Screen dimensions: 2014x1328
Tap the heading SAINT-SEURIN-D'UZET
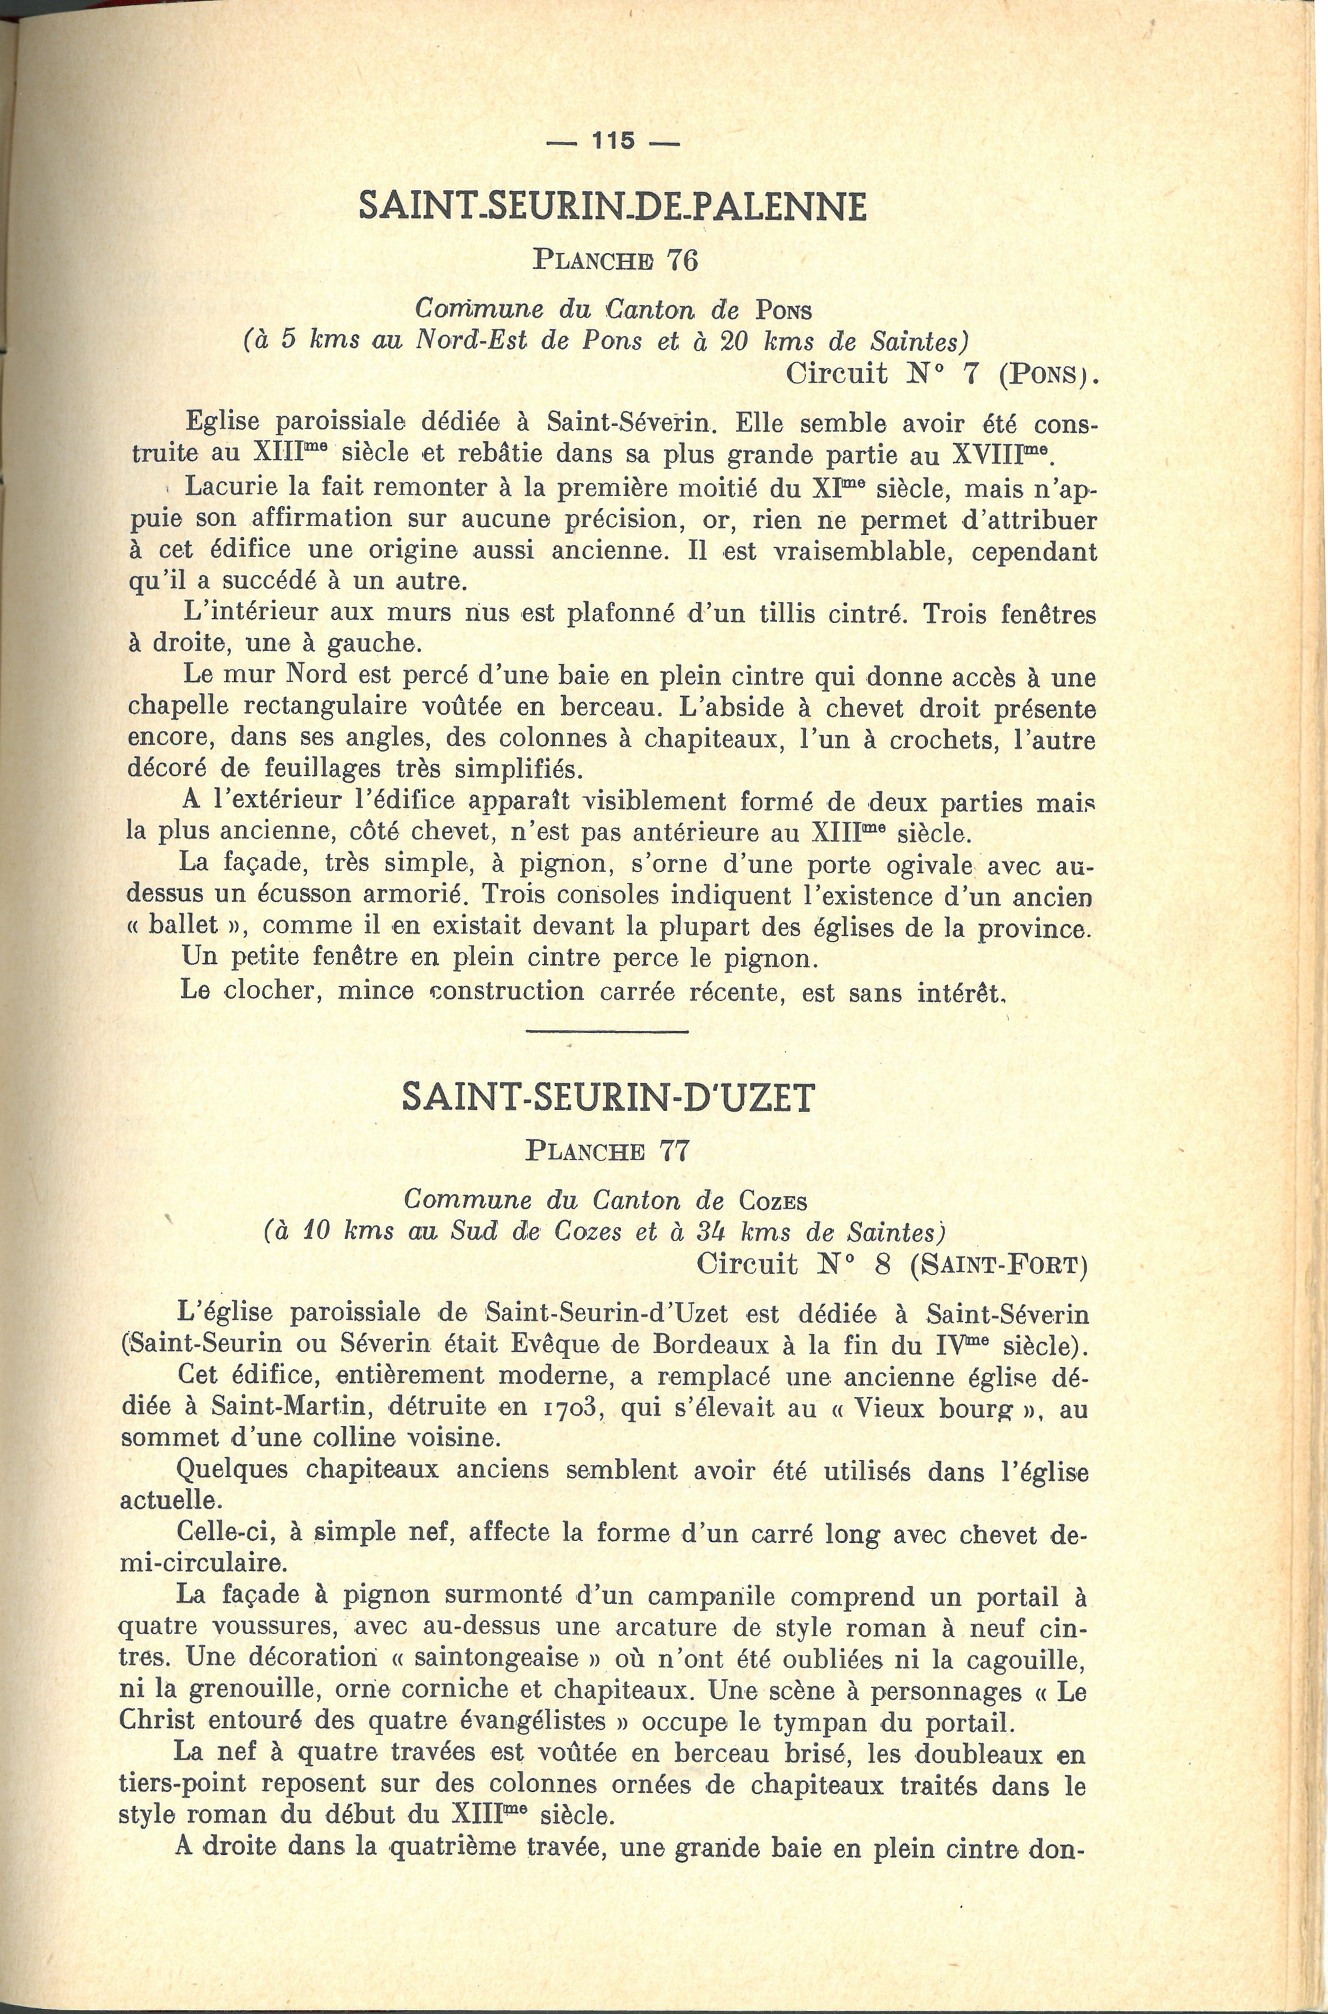(x=607, y=1097)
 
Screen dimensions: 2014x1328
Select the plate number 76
(x=682, y=259)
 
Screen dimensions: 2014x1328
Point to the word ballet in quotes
(x=183, y=925)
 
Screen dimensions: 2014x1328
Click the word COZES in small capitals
(x=772, y=1202)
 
